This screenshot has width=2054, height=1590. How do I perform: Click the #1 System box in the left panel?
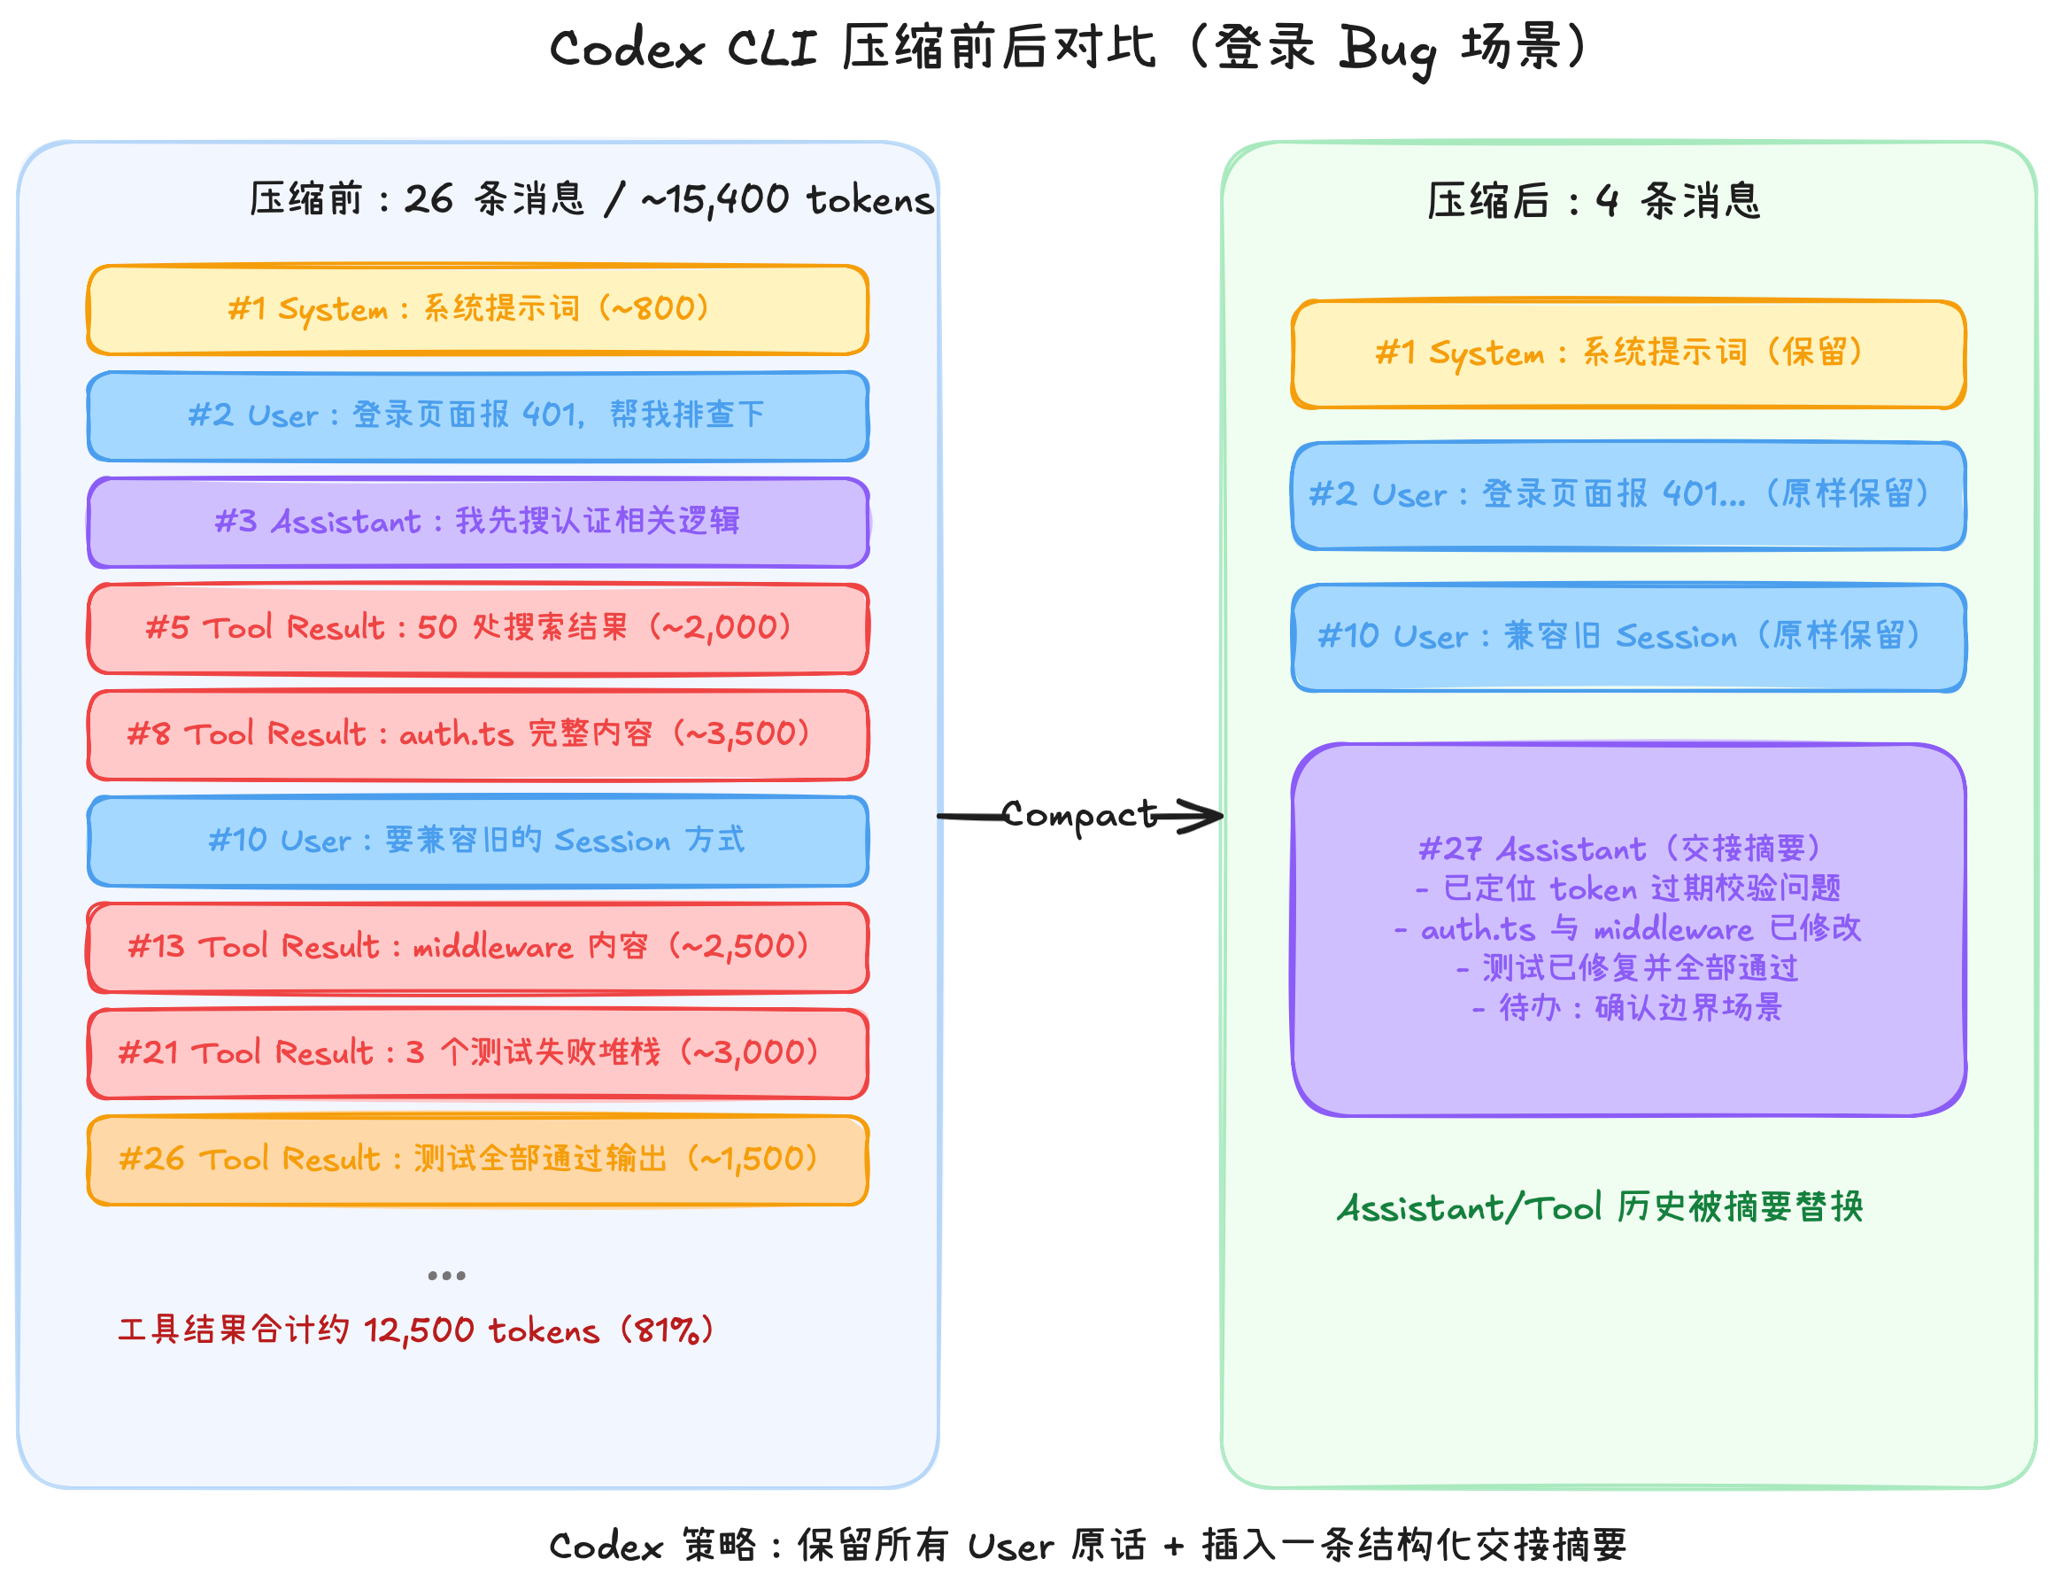tap(477, 309)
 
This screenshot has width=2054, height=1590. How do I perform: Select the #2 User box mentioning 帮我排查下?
tap(477, 415)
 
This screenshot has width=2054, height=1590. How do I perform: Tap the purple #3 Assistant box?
tap(477, 522)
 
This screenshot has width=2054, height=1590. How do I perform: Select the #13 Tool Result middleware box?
tap(477, 948)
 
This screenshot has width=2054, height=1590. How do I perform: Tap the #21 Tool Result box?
tap(477, 1054)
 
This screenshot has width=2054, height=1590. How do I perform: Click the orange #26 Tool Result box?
tap(477, 1160)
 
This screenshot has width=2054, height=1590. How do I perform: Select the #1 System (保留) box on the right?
tap(1628, 353)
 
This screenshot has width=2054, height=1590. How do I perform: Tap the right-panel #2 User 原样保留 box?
tap(1628, 496)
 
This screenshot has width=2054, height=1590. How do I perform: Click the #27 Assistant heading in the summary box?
tap(1618, 849)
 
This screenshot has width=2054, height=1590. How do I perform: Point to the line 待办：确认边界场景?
tap(1626, 1009)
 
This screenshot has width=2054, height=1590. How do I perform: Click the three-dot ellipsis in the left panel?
tap(446, 1276)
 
